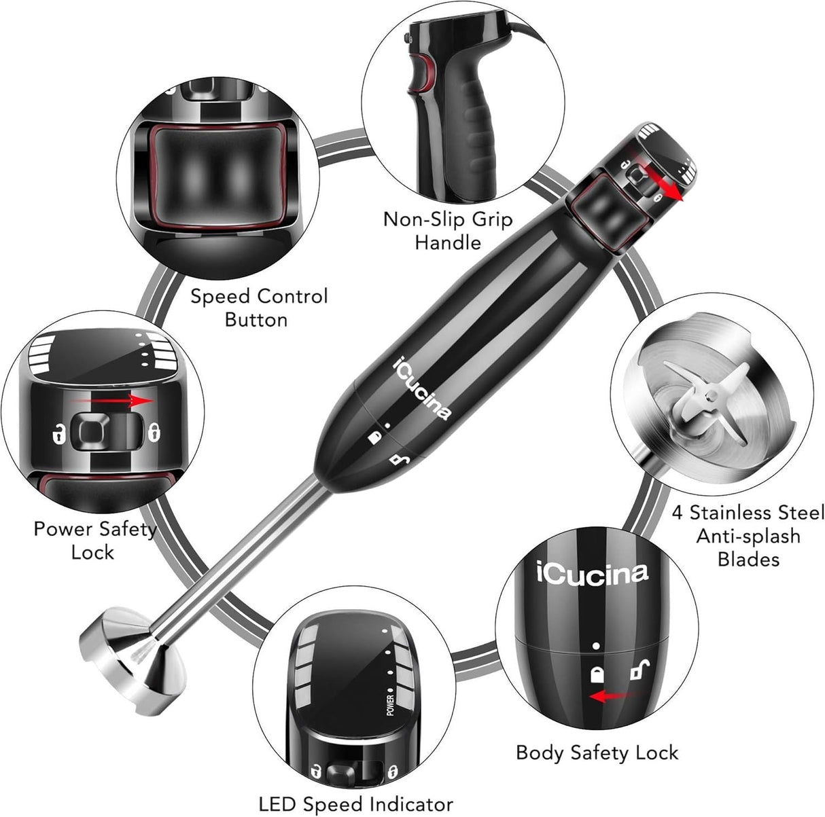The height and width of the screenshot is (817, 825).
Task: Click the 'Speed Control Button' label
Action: [258, 308]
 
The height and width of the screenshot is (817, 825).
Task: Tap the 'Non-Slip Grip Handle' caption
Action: [448, 231]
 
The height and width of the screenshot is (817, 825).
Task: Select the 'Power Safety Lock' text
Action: [94, 540]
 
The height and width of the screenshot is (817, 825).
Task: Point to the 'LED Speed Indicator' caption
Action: [355, 803]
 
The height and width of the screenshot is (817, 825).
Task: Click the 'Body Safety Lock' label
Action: [597, 752]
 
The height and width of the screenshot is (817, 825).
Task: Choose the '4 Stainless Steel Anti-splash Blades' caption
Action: [748, 535]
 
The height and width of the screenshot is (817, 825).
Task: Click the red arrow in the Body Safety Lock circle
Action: [614, 695]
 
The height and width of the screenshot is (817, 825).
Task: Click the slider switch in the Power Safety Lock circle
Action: [101, 430]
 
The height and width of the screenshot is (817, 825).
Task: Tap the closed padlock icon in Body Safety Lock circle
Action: [597, 674]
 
